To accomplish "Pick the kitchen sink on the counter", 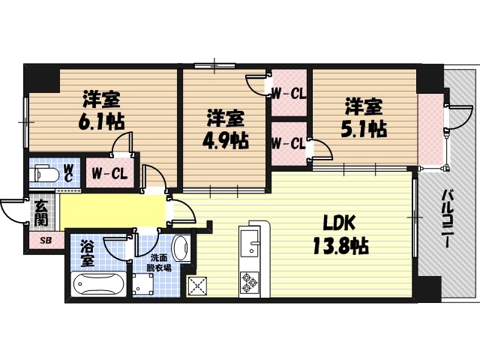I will (x=249, y=244).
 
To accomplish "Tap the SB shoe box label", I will (x=45, y=240).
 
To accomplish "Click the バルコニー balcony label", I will (x=446, y=218).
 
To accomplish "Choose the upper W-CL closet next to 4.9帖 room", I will (x=288, y=94).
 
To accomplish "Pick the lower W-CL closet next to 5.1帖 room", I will (x=288, y=143).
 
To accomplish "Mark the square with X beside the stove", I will (x=199, y=285).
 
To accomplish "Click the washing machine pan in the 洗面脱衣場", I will (x=144, y=284).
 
